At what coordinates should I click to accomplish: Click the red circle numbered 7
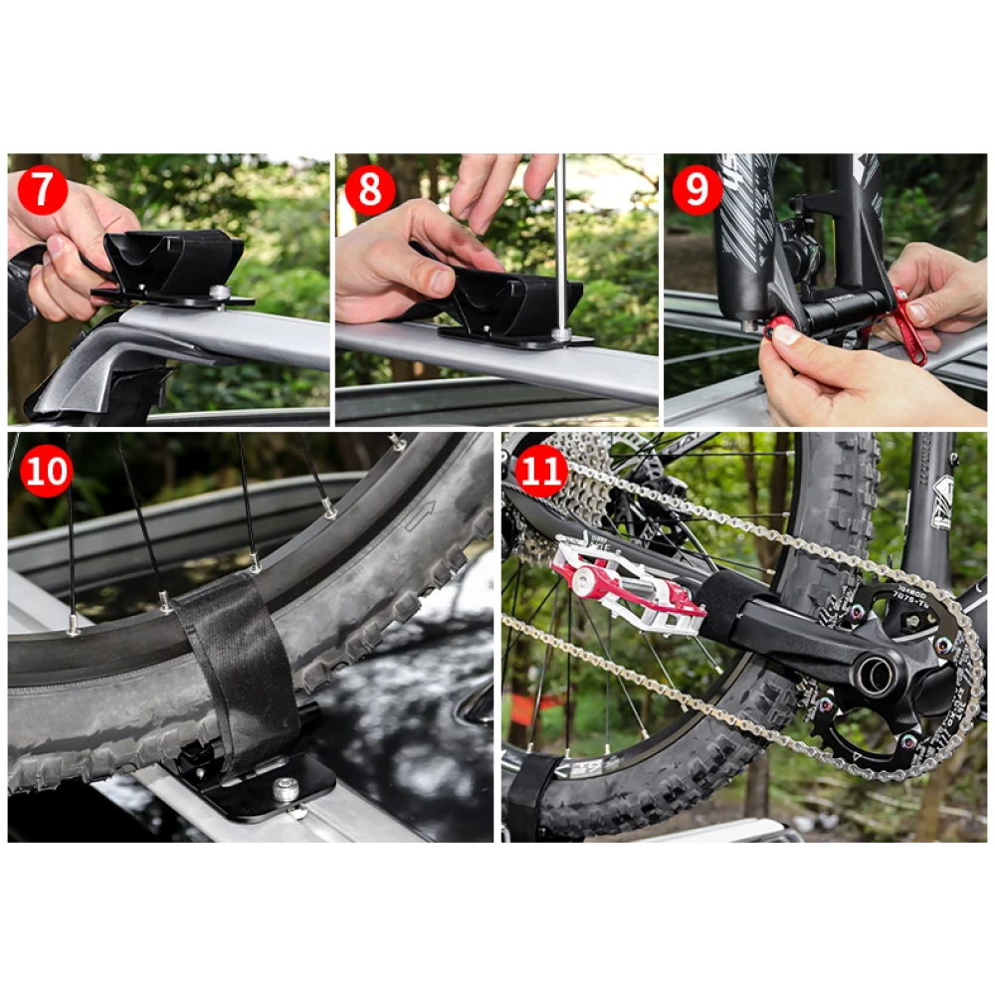[x=42, y=190]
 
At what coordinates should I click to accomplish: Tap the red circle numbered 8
[x=369, y=190]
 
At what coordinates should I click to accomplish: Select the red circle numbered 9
[x=696, y=190]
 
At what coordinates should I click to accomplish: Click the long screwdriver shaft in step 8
[x=561, y=239]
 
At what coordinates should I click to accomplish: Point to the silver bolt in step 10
[x=287, y=791]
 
